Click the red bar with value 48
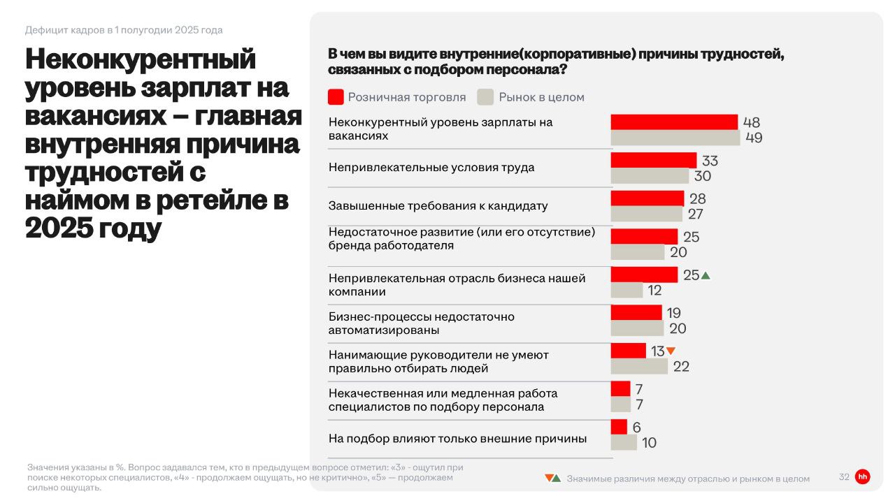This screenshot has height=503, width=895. pyautogui.click(x=674, y=122)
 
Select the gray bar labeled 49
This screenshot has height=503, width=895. pyautogui.click(x=675, y=138)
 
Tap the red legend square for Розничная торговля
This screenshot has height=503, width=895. pyautogui.click(x=336, y=97)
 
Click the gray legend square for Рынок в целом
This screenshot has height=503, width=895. pyautogui.click(x=486, y=97)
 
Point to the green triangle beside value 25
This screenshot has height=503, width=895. pyautogui.click(x=706, y=276)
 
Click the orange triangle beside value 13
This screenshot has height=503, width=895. pyautogui.click(x=671, y=351)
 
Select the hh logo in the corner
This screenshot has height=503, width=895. pyautogui.click(x=863, y=477)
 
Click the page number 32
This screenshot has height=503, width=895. pyautogui.click(x=844, y=477)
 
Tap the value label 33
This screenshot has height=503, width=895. pyautogui.click(x=710, y=161)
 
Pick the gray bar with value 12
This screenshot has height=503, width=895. pyautogui.click(x=626, y=290)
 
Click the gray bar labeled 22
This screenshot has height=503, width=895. pyautogui.click(x=639, y=366)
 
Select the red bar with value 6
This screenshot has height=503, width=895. pyautogui.click(x=619, y=427)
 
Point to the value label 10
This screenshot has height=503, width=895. pyautogui.click(x=649, y=443)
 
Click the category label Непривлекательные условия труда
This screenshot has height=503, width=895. pyautogui.click(x=431, y=168)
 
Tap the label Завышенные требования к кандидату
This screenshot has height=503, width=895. pyautogui.click(x=438, y=206)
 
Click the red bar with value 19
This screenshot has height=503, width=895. pyautogui.click(x=636, y=313)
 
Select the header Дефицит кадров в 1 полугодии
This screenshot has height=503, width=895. pyautogui.click(x=124, y=30)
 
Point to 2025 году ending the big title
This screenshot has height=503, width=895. pyautogui.click(x=93, y=228)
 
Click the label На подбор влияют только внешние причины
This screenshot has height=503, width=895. pyautogui.click(x=457, y=439)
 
